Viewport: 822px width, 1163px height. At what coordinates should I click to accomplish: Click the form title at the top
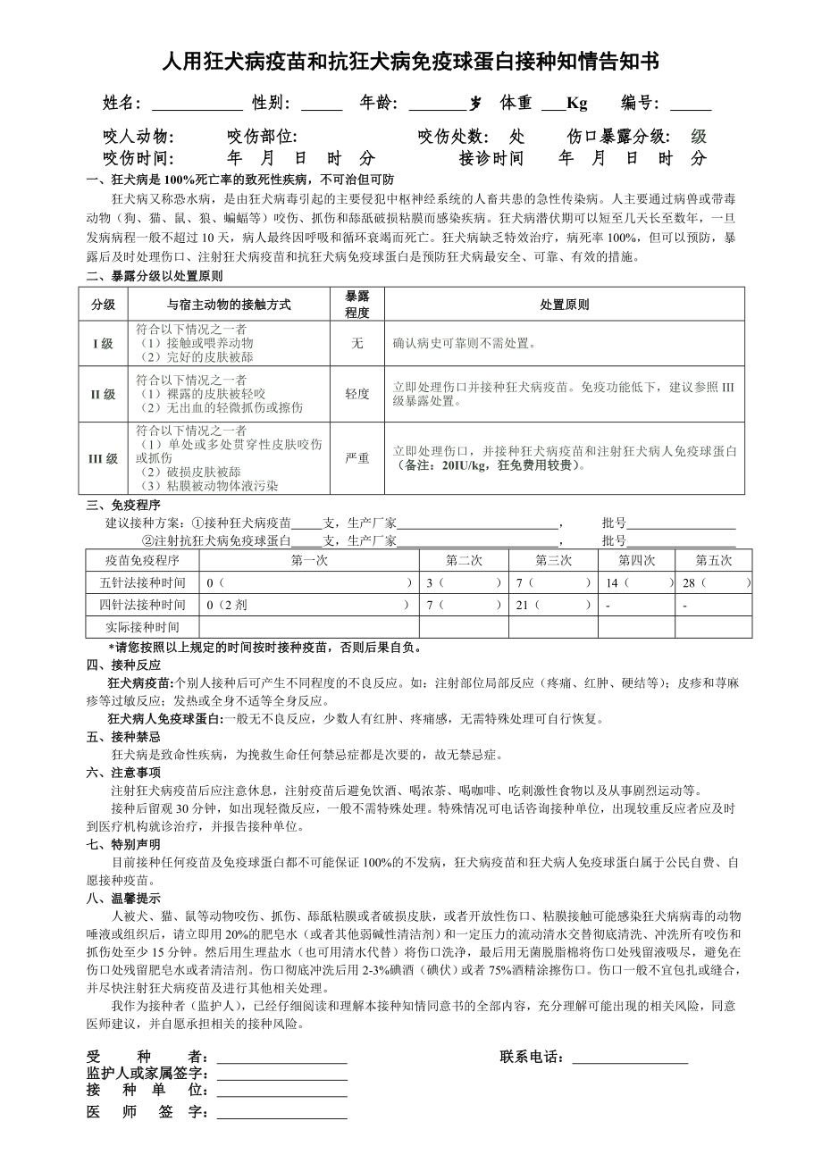tap(410, 61)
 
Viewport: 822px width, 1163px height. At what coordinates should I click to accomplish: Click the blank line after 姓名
tap(197, 105)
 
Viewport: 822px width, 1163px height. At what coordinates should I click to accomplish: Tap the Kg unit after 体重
tap(577, 104)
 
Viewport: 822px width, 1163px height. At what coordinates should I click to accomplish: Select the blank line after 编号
tap(691, 105)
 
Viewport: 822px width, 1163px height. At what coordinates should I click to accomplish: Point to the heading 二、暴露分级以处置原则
tap(155, 275)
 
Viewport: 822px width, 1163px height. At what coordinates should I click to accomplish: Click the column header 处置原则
tap(564, 305)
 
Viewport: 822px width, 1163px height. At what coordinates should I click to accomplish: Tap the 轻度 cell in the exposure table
tap(357, 394)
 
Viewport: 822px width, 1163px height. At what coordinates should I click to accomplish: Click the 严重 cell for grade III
tap(357, 458)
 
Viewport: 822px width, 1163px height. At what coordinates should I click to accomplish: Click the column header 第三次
tap(553, 560)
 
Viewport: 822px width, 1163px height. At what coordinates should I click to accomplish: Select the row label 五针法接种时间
tap(142, 582)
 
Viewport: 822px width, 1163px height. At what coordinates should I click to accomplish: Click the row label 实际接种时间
tap(142, 627)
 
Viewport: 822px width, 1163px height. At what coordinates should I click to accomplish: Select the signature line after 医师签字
tap(281, 1113)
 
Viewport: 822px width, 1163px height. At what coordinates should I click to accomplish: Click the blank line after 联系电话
tap(630, 1058)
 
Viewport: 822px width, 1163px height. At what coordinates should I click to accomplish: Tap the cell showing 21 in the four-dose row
tap(552, 605)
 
